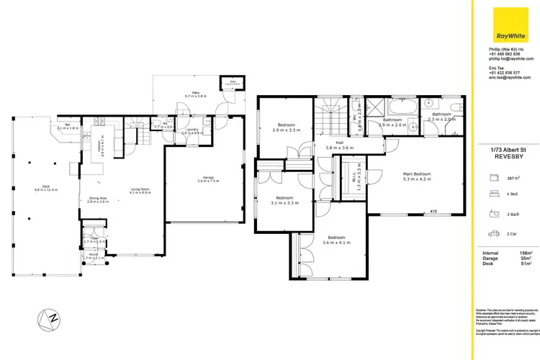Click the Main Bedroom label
coord(417,176)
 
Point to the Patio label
coord(195,94)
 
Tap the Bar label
coord(67,127)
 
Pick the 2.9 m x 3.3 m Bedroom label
coord(286,128)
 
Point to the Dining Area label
coord(97,200)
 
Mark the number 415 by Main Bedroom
coord(433,211)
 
